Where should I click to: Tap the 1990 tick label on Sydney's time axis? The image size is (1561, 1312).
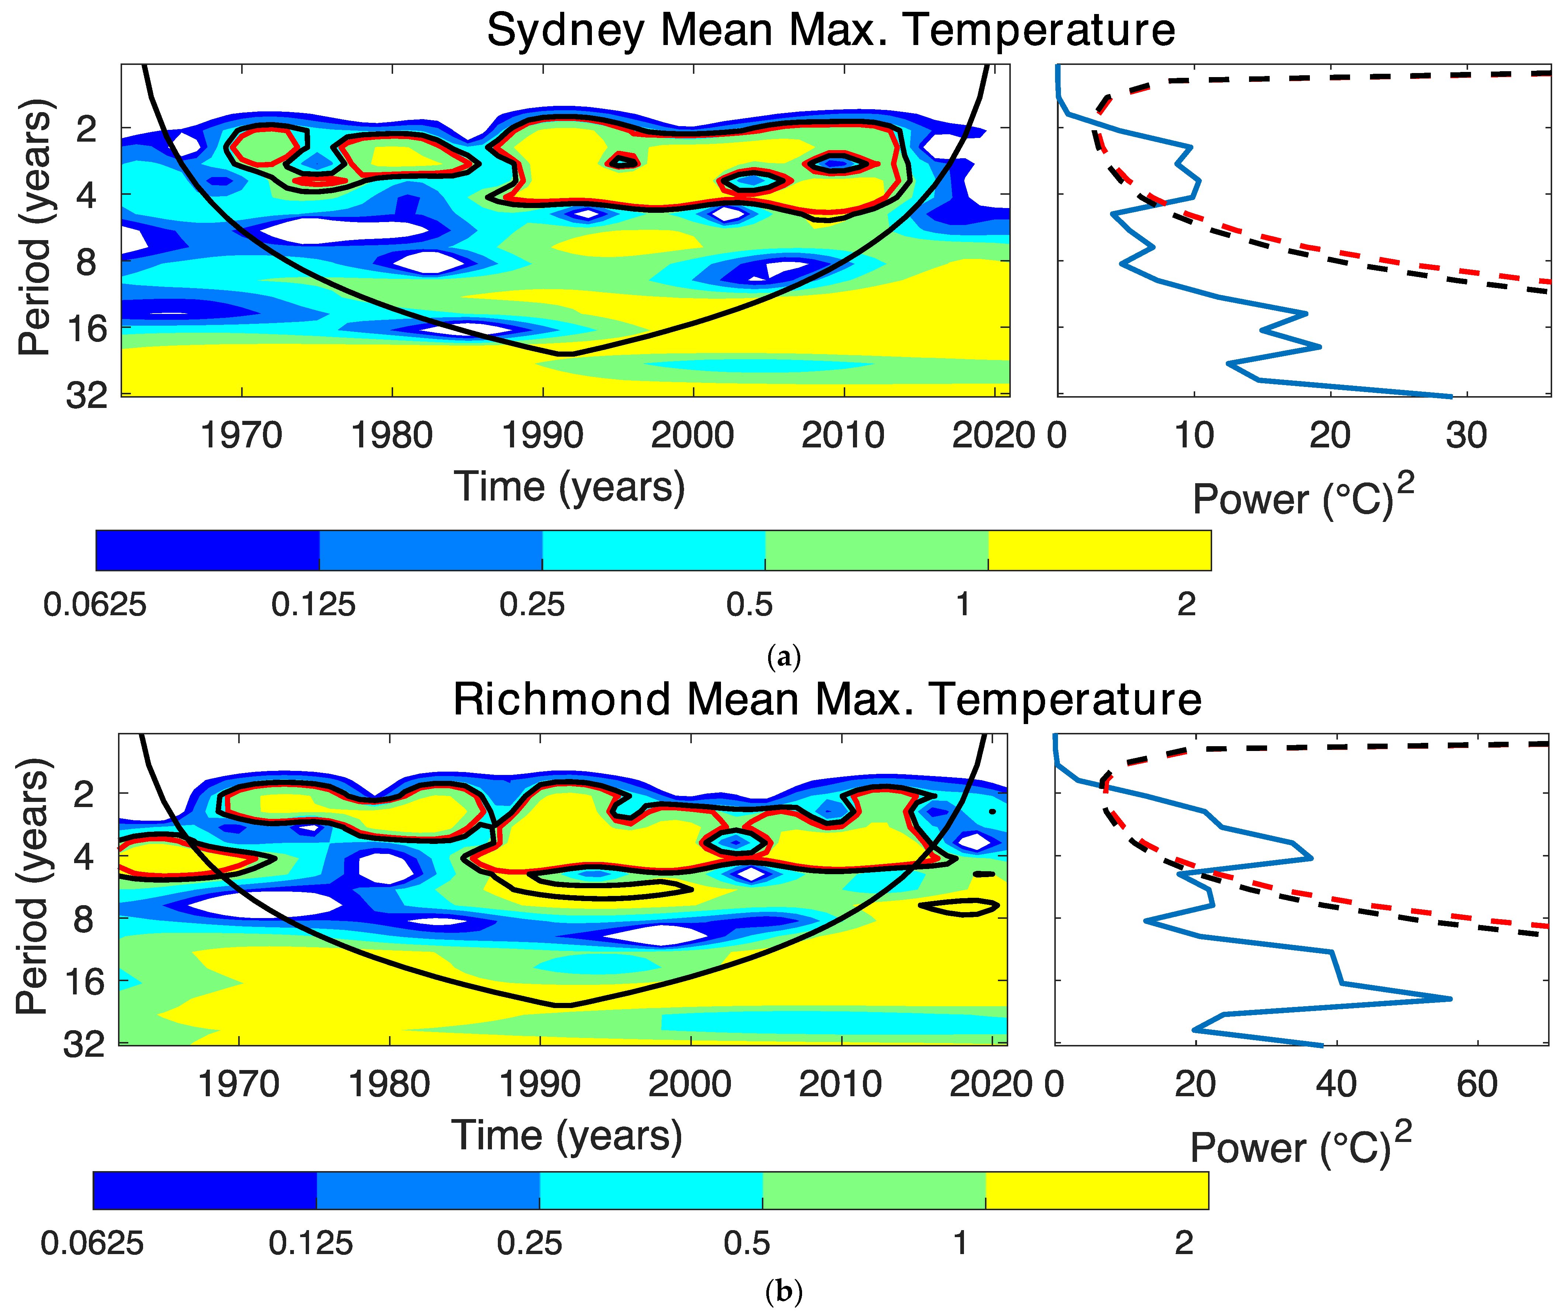coord(542,435)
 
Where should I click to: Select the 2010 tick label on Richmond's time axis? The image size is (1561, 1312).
coord(840,1084)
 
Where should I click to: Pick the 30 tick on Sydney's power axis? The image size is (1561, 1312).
coord(1466,435)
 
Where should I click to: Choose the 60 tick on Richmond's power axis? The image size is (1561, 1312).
coord(1476,1084)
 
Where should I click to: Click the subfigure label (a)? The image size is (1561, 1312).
coord(783,657)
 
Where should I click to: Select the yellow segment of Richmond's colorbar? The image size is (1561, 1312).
coord(1097,1191)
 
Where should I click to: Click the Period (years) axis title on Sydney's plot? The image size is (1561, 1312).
coord(35,227)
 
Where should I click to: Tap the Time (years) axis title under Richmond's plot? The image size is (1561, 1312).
coord(567,1136)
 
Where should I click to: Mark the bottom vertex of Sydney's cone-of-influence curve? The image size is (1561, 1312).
coord(565,354)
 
